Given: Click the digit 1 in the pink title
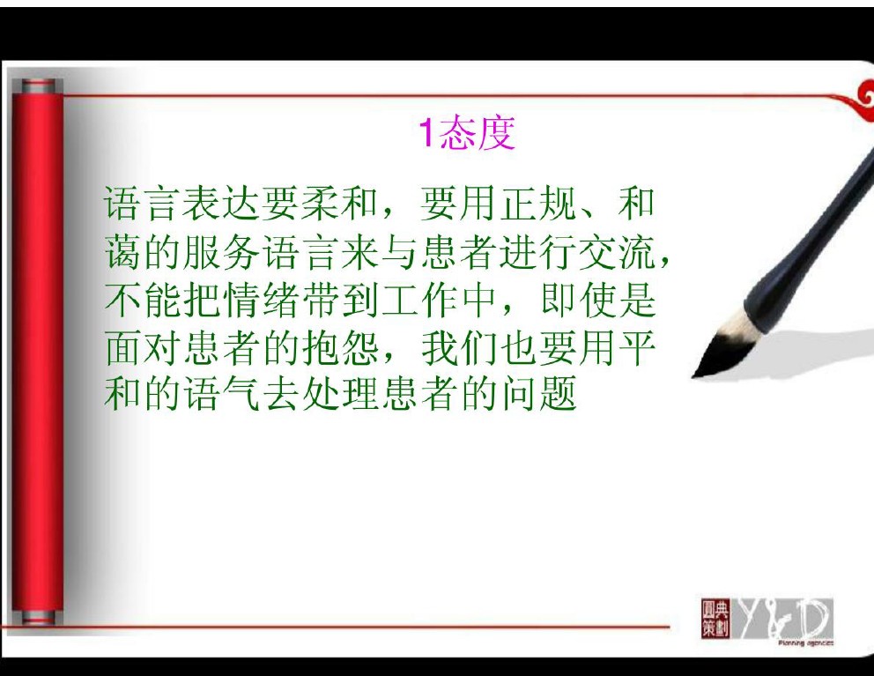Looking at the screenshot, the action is [426, 133].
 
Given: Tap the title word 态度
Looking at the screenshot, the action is [477, 133].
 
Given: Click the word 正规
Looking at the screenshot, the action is [538, 203].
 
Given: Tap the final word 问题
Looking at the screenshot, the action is [538, 394].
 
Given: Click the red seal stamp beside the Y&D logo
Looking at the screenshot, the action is [715, 618].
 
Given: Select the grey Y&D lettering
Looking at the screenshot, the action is [783, 618].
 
